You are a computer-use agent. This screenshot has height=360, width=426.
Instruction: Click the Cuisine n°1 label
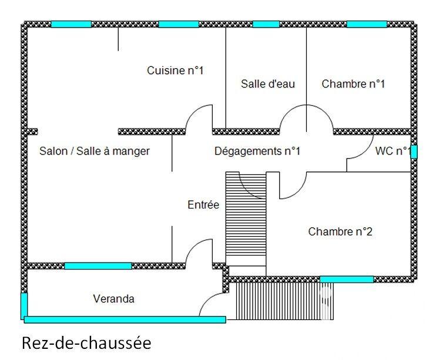coord(175,71)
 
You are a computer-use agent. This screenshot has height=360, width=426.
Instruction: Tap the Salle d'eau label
coord(268,84)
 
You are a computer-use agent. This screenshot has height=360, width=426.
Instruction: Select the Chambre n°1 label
coord(353,84)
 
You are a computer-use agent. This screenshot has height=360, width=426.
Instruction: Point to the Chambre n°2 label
coord(340,232)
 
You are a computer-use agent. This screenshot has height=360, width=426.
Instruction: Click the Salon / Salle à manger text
coord(95,152)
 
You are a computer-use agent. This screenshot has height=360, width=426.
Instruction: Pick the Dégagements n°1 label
coord(257,152)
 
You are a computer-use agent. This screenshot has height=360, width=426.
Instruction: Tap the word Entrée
coord(203,205)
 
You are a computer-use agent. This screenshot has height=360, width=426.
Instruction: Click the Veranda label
coord(114,299)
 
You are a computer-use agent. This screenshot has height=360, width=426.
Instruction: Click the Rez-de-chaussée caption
coord(86,342)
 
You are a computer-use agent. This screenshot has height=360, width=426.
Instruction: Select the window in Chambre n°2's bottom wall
coord(346,279)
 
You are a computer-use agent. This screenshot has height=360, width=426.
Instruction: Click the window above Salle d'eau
coord(266,24)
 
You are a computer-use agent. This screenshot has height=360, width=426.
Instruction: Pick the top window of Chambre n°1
coord(367,24)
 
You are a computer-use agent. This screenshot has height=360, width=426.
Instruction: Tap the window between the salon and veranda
coord(98,266)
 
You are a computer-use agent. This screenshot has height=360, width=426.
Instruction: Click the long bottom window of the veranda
coord(125,319)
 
